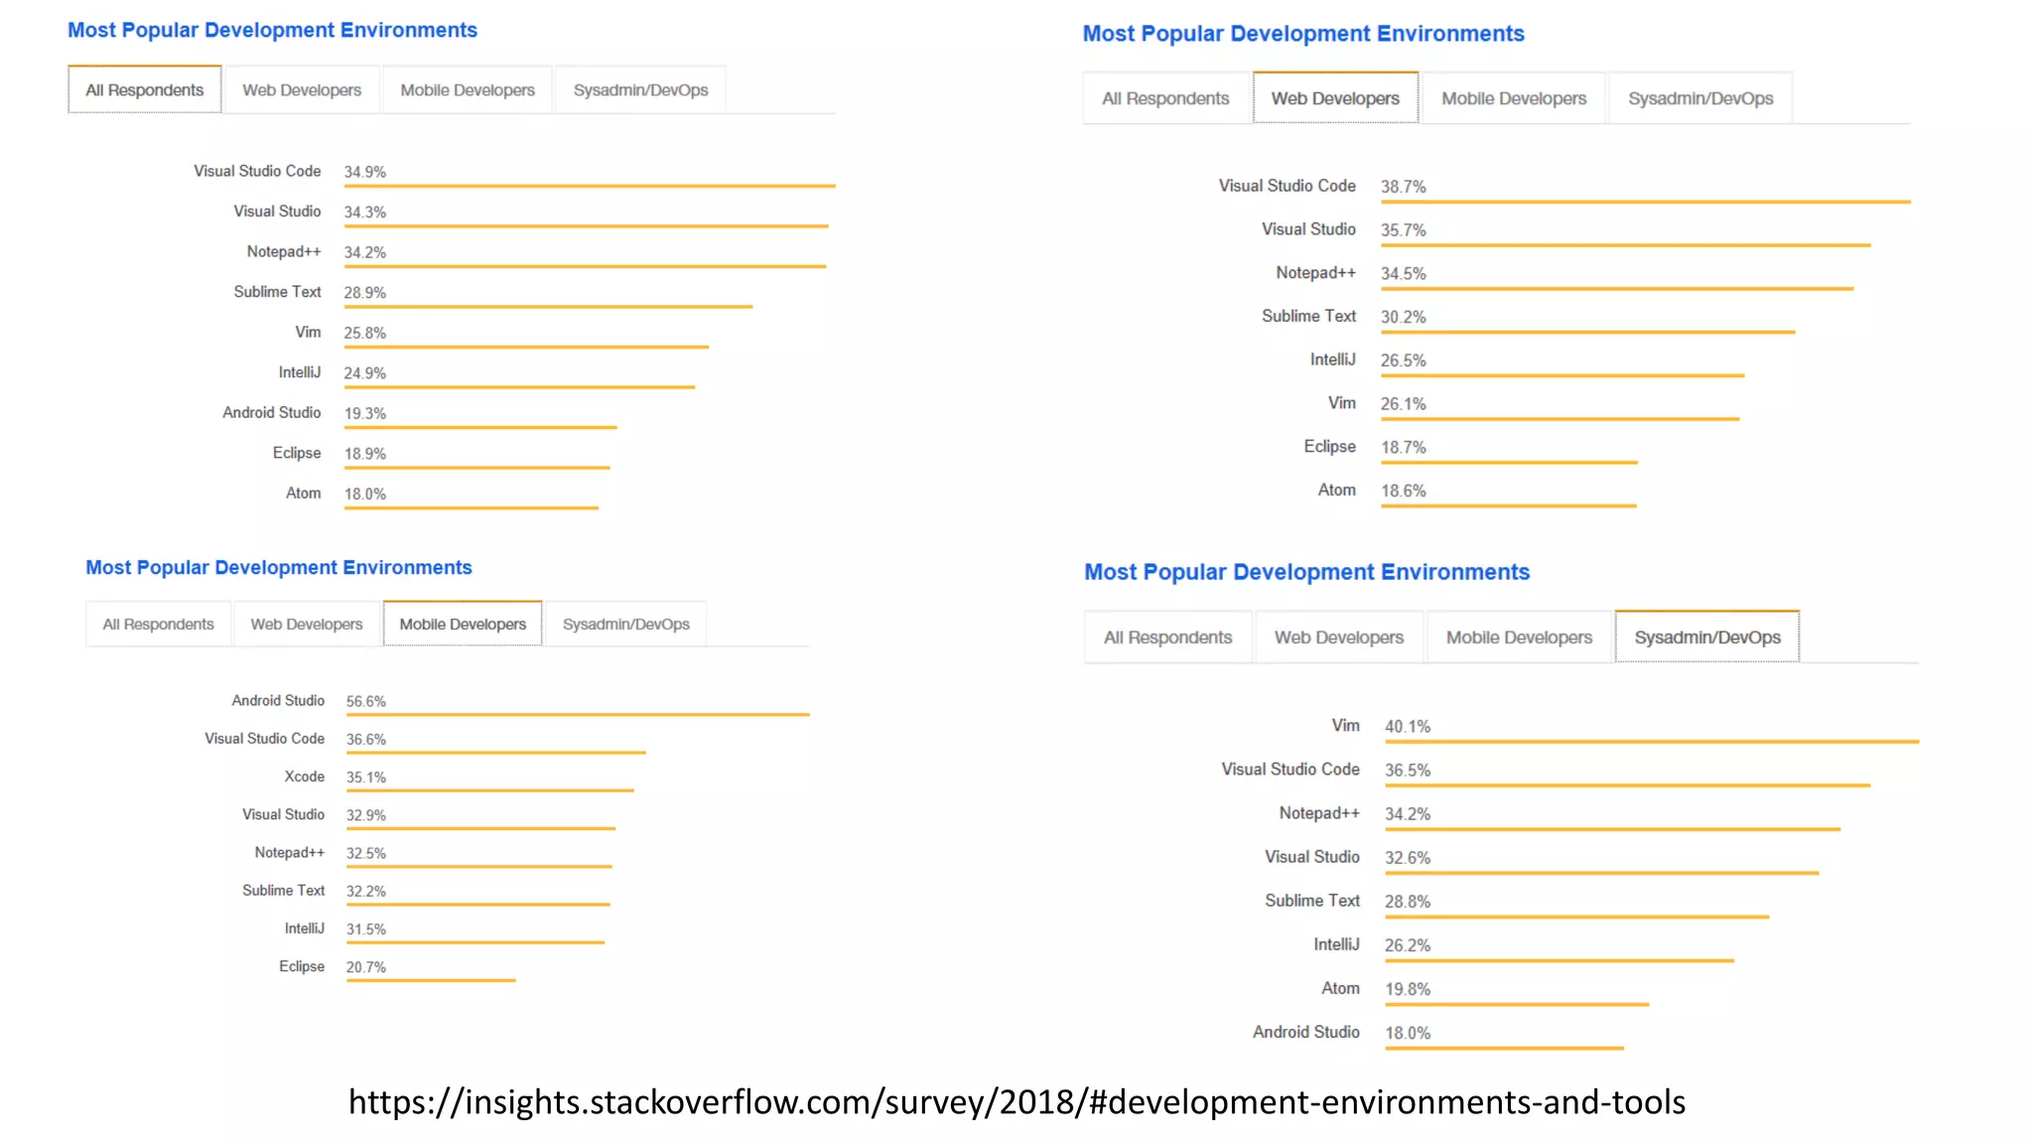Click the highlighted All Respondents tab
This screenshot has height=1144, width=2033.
(144, 90)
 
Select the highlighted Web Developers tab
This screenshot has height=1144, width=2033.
(1335, 98)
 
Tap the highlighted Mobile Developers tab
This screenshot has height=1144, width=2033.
(463, 625)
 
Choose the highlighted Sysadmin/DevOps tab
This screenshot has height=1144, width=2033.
(1707, 638)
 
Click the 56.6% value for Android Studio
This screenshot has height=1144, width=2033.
(365, 701)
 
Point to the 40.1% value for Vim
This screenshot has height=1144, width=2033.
(1408, 727)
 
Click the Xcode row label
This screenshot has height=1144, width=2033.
(304, 777)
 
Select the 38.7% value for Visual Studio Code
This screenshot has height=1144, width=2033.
(1403, 187)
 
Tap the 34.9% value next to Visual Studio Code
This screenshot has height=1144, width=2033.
(364, 172)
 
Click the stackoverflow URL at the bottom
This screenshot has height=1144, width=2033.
(1016, 1102)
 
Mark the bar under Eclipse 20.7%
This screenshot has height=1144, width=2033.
(431, 980)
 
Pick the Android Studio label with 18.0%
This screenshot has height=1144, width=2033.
(1305, 1032)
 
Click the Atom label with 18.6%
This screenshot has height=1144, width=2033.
(1336, 490)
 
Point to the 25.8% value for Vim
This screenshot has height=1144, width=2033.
(364, 333)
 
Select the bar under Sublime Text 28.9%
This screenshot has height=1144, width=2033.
(548, 307)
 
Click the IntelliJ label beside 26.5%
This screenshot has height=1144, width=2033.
(1332, 359)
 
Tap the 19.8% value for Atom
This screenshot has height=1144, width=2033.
(1408, 989)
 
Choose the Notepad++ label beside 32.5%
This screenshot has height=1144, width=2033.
(289, 853)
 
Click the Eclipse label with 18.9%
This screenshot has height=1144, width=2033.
(297, 453)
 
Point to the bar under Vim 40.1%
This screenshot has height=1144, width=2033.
(1651, 741)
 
